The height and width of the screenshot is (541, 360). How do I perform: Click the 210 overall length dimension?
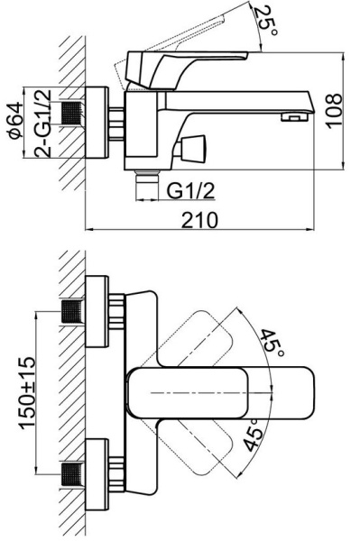[x=199, y=220]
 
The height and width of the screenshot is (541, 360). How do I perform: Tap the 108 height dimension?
[x=335, y=111]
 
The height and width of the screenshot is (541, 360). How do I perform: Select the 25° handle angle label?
[x=266, y=21]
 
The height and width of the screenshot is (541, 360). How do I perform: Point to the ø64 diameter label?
[x=16, y=120]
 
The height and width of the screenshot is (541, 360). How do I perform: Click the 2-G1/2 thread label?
[x=42, y=124]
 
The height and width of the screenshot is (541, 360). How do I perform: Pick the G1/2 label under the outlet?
[x=190, y=191]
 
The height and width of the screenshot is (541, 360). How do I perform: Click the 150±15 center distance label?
[x=27, y=392]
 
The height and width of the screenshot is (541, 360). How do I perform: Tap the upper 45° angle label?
[x=272, y=344]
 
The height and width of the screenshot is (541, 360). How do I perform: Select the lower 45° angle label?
[x=254, y=435]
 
